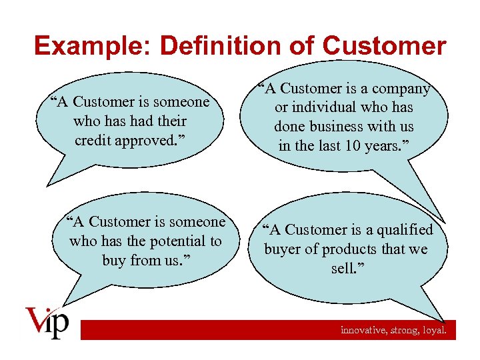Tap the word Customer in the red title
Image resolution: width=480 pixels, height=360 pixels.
tap(384, 46)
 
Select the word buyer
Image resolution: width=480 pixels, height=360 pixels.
tap(283, 249)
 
